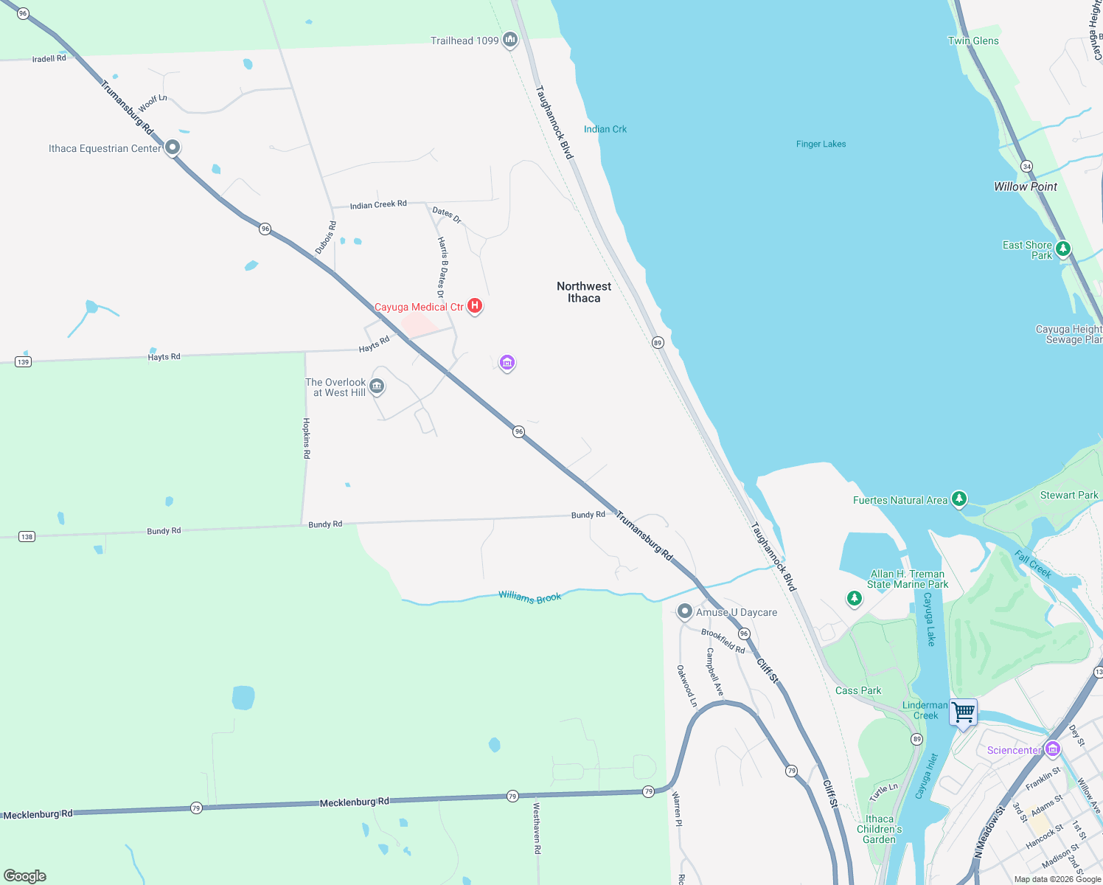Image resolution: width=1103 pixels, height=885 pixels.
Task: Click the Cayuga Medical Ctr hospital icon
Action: [x=475, y=306]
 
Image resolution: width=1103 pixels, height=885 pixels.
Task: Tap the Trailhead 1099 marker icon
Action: [x=509, y=40]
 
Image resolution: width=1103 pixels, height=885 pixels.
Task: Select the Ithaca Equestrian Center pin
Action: [x=173, y=147]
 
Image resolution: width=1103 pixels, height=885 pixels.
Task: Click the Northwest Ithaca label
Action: [x=584, y=292]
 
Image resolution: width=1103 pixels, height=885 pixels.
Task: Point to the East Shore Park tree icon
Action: [x=1062, y=249]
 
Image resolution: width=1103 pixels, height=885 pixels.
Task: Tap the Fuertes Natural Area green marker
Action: [x=958, y=499]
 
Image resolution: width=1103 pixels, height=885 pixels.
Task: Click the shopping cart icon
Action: [x=963, y=712]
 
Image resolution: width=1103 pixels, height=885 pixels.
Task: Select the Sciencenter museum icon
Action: [x=1052, y=749]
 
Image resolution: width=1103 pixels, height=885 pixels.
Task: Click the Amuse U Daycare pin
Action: [x=685, y=611]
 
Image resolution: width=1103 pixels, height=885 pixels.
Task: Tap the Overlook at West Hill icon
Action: [x=377, y=386]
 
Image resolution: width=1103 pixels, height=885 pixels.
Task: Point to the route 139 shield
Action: [x=24, y=361]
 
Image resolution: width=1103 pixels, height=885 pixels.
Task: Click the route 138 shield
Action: [x=27, y=536]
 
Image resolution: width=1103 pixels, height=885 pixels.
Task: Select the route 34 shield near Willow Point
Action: [x=1026, y=167]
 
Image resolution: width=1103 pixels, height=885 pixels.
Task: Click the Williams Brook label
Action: [x=529, y=597]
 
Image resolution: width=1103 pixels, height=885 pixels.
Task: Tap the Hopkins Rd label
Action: [x=307, y=438]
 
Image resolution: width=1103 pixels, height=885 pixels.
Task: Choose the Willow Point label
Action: [x=1025, y=187]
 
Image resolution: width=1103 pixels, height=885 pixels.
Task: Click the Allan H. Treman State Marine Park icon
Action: [x=854, y=598]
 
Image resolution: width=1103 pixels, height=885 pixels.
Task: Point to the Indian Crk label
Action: [x=605, y=129]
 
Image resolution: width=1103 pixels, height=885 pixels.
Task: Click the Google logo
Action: [x=25, y=875]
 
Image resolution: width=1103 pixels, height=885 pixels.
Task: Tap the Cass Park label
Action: [x=858, y=690]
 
